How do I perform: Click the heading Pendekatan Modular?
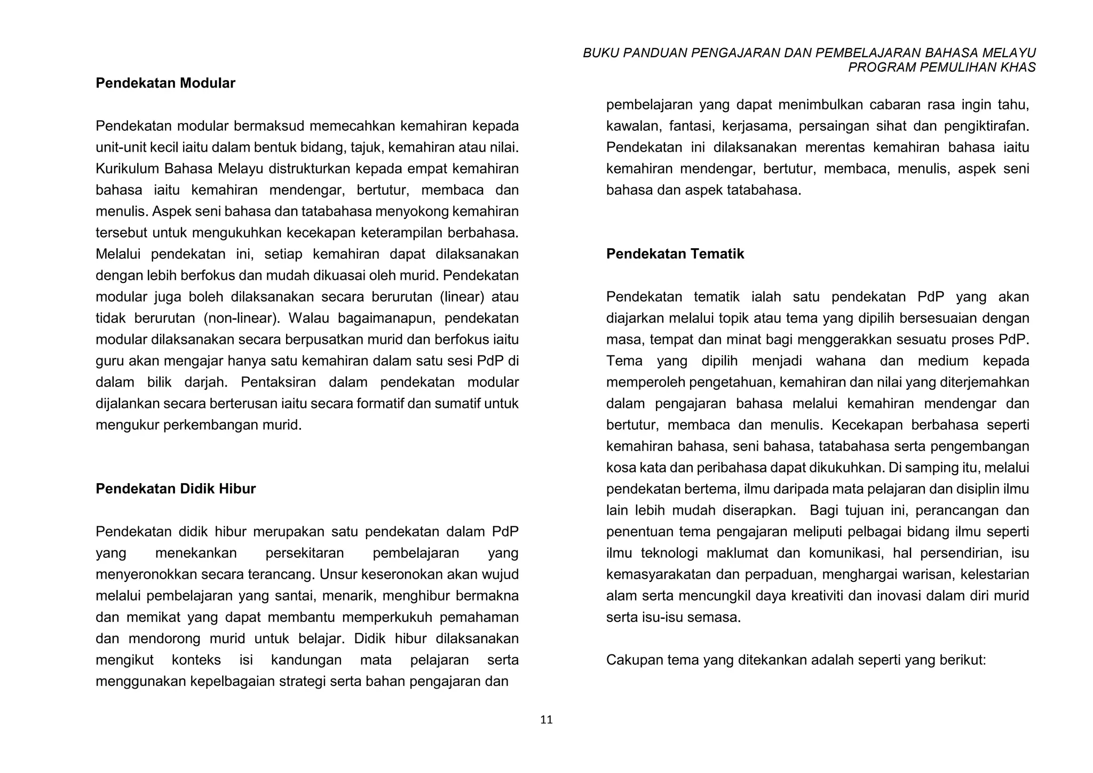click(165, 83)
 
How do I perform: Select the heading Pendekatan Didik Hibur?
click(176, 489)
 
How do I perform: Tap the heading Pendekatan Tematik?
click(675, 254)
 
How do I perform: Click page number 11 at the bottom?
click(546, 720)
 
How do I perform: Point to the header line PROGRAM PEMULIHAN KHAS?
click(941, 67)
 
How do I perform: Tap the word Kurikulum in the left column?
click(128, 169)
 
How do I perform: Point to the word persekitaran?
click(305, 553)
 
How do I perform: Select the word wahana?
click(841, 361)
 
